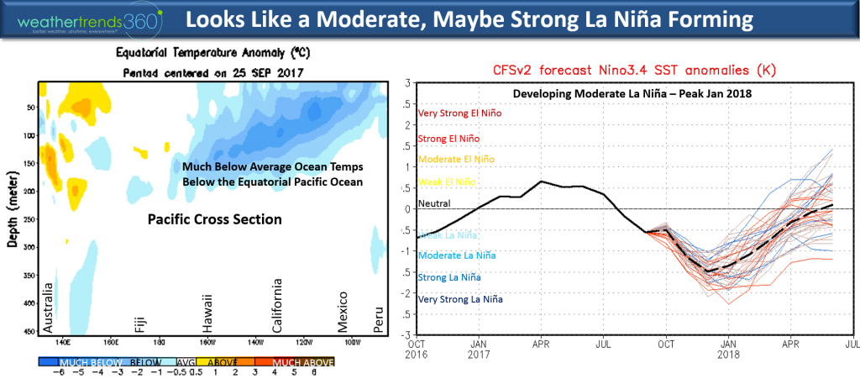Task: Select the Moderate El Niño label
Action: [454, 159]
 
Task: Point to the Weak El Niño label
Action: [445, 181]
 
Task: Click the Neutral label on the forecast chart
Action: [434, 203]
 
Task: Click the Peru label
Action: [377, 321]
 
